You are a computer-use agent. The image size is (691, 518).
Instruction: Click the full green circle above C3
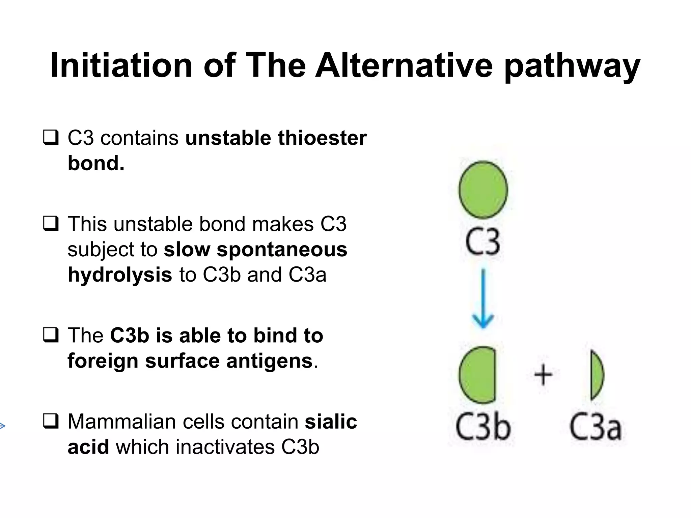[483, 190]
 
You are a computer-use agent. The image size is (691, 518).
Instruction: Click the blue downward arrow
[483, 298]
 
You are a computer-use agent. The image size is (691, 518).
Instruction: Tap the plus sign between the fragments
[543, 375]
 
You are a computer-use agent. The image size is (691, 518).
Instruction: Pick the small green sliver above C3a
[597, 375]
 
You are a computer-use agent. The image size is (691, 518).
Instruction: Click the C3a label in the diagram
[596, 427]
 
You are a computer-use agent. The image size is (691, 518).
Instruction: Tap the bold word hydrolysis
[120, 275]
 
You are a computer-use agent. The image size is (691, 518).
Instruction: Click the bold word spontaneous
[282, 250]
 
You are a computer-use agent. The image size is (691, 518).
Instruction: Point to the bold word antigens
[269, 361]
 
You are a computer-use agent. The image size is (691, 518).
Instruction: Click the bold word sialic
[331, 422]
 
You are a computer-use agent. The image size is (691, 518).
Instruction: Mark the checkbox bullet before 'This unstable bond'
[51, 224]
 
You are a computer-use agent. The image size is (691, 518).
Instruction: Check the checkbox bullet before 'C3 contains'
[51, 138]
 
